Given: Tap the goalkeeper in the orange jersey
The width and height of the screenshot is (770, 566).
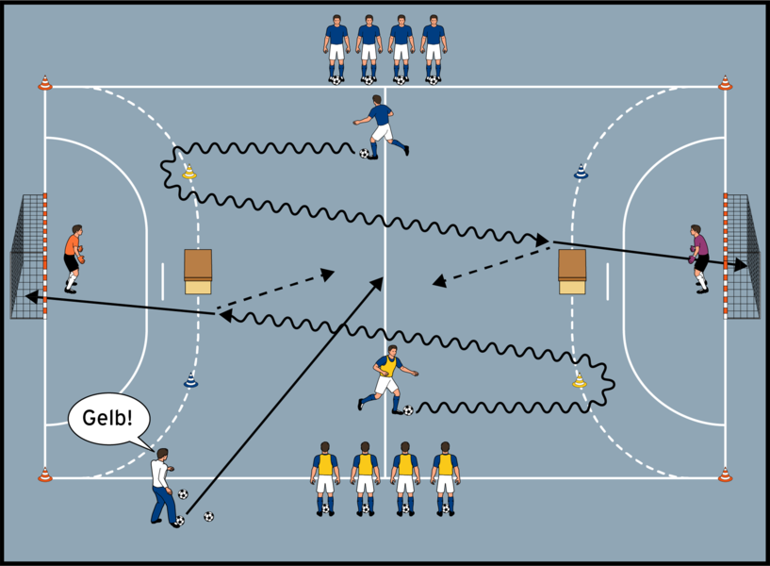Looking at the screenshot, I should pos(74,257).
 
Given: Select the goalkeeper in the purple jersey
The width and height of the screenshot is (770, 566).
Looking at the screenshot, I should pos(698,258).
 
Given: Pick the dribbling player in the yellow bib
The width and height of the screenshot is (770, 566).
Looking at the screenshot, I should pos(385,377).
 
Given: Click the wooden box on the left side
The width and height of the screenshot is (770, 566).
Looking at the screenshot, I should pos(198,272).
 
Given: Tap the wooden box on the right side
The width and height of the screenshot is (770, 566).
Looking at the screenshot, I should pos(572,272).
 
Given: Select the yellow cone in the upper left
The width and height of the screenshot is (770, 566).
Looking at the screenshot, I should pos(189,172).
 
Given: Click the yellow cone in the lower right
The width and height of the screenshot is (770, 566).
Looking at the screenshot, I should pos(580,381).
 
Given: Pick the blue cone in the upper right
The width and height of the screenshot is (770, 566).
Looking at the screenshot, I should pos(581,172).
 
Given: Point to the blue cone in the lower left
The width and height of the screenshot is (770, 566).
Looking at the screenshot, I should pos(190,380).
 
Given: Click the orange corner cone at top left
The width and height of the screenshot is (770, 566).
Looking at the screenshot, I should pos(44,83).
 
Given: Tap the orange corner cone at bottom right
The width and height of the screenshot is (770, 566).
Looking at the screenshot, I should pos(725,474).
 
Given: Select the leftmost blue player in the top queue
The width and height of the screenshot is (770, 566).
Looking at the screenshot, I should pos(336,47).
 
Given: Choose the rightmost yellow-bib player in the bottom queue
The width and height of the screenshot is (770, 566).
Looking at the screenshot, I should pos(445,476).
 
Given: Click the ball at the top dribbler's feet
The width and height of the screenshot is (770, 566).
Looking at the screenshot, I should pos(365,153).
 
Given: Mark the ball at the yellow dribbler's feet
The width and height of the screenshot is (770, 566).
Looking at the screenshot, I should pos(408,410).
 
